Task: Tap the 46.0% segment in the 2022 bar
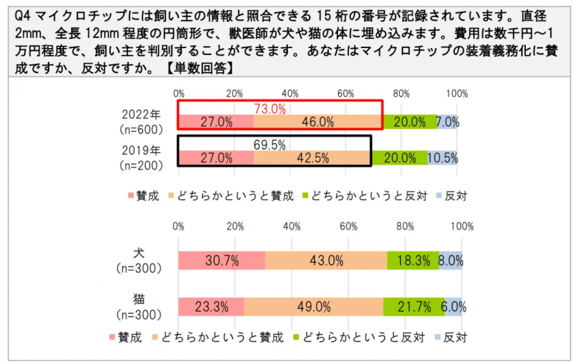[x=318, y=122]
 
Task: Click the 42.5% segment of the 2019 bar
[x=311, y=158]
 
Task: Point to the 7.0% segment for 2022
[x=447, y=122]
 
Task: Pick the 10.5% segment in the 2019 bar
[x=442, y=158]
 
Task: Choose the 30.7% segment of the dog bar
[x=222, y=261]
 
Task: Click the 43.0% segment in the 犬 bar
[x=326, y=261]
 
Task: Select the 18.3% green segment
[x=413, y=261]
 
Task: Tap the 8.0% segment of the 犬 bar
[x=451, y=261]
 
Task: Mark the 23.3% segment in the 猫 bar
[x=211, y=307]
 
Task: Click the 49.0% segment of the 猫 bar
[x=313, y=307]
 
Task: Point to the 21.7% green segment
[x=414, y=307]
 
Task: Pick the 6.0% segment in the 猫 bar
[x=453, y=307]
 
